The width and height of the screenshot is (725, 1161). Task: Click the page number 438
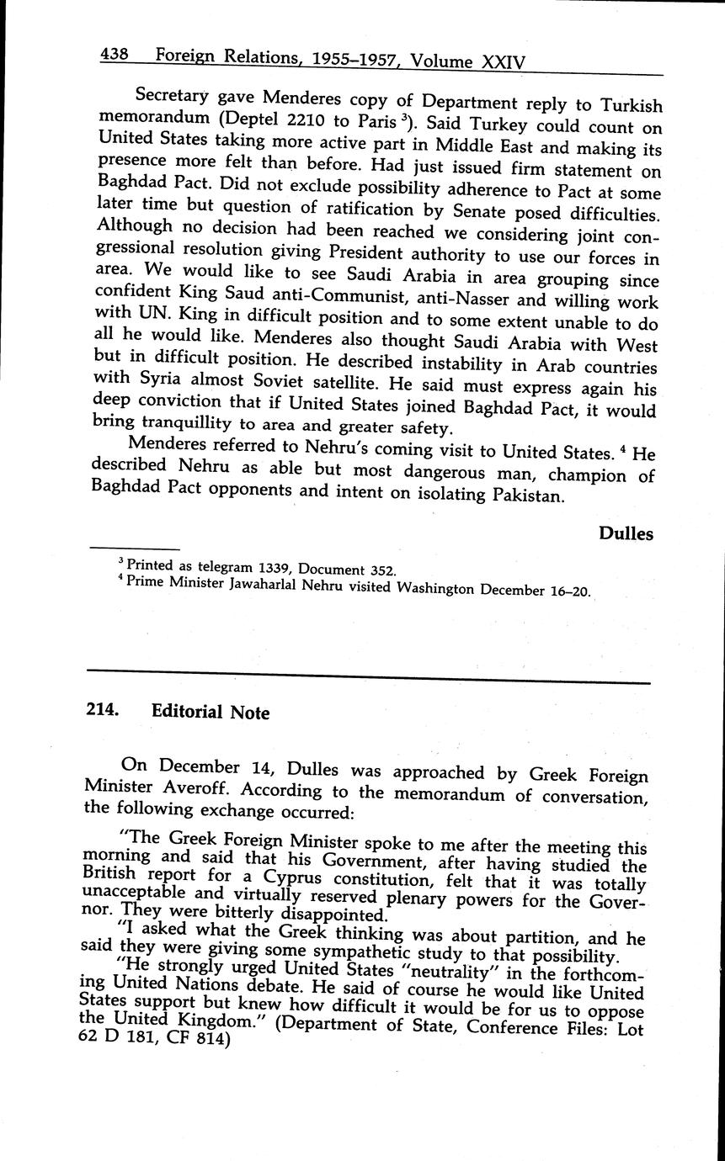113,55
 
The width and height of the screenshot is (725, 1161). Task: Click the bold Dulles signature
626,533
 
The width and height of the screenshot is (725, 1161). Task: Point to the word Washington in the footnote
431,588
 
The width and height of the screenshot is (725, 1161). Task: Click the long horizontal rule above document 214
368,676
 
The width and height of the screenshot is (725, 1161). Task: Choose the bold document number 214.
101,709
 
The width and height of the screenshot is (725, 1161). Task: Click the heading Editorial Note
211,712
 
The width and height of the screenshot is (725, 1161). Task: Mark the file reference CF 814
200,1040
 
